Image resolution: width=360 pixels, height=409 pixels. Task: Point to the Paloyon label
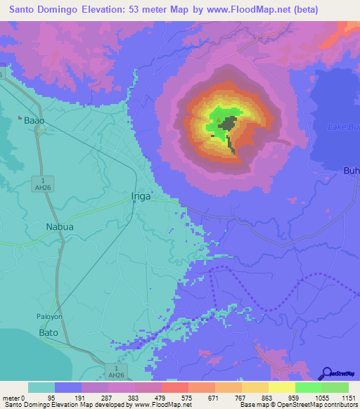pos(50,316)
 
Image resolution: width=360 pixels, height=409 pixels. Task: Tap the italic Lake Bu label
pos(344,126)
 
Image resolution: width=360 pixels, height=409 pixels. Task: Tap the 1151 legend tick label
pos(348,398)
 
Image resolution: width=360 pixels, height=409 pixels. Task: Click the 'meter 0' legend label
pos(13,398)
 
